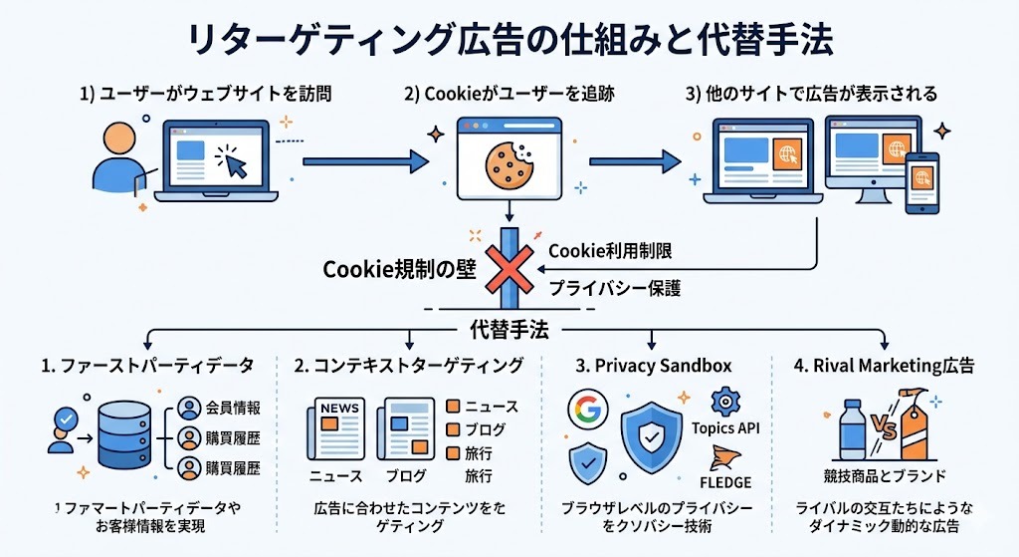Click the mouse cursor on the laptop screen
pyautogui.click(x=234, y=161)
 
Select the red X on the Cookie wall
pyautogui.click(x=509, y=268)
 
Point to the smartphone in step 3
pyautogui.click(x=921, y=182)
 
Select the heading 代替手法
pyautogui.click(x=509, y=330)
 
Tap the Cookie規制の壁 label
pyautogui.click(x=401, y=270)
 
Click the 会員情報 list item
pyautogui.click(x=233, y=408)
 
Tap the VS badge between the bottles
pyautogui.click(x=884, y=430)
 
